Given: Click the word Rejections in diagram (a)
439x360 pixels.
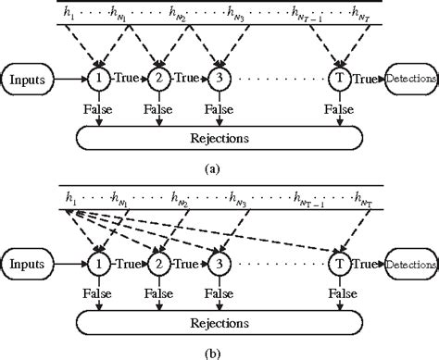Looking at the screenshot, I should [x=219, y=139].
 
